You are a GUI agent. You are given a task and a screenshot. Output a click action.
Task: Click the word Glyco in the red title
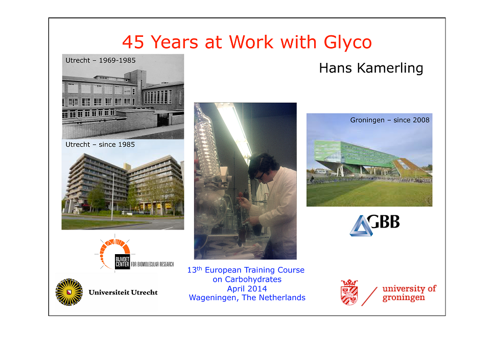point(348,42)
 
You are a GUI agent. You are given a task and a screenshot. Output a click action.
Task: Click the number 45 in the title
point(133,42)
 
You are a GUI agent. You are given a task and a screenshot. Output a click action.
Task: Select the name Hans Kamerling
point(371,69)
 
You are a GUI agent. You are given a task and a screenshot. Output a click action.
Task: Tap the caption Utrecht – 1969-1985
point(101,60)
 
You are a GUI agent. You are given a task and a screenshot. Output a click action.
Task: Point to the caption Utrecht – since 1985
point(100,144)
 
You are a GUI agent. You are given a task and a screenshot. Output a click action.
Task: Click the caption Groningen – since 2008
point(390,120)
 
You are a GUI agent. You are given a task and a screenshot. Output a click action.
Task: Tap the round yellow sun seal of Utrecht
point(69,292)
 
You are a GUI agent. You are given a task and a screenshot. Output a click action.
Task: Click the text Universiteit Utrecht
point(123,292)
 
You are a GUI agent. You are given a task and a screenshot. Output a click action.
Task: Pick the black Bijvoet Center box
point(122,261)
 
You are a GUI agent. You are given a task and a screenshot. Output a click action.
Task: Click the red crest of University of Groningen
point(349,292)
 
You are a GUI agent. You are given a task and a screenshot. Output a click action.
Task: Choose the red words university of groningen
point(409,293)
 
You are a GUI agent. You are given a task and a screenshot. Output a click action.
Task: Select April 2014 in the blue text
point(247,289)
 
